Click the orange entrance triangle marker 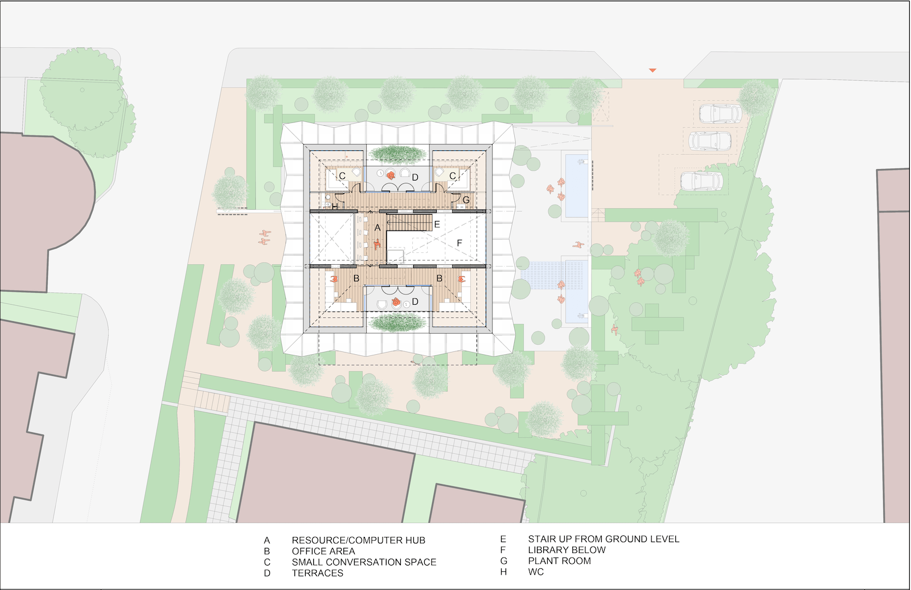[653, 71]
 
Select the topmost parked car [720, 114]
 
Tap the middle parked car [709, 141]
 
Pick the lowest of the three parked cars [701, 181]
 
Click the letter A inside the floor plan [377, 228]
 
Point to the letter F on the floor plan [459, 243]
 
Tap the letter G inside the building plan [466, 200]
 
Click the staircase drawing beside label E [409, 223]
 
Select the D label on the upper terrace [415, 178]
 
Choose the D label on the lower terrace [415, 301]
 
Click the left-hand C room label [342, 176]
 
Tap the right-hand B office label [439, 278]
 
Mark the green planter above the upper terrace [397, 154]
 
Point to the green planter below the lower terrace [397, 323]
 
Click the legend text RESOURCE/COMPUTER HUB [358, 540]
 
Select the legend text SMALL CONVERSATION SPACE [364, 562]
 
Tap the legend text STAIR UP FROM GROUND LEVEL [604, 539]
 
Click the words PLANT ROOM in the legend [559, 561]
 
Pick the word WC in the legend [536, 572]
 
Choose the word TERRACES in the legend [317, 573]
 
